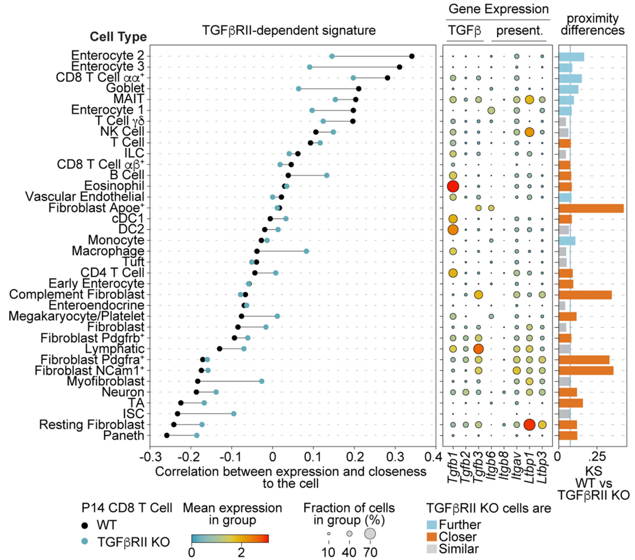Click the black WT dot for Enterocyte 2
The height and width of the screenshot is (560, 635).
(412, 56)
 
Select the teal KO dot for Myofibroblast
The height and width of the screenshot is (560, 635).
(262, 381)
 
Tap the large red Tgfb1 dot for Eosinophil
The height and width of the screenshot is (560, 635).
(453, 186)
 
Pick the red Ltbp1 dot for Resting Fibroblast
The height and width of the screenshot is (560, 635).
(529, 425)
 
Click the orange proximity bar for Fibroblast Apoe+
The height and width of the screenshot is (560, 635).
(591, 208)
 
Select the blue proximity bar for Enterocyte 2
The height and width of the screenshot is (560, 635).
(571, 56)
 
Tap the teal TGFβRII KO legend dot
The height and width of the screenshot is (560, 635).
(85, 542)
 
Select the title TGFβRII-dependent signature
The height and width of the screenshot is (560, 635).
(289, 29)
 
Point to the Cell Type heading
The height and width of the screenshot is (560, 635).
(118, 37)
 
